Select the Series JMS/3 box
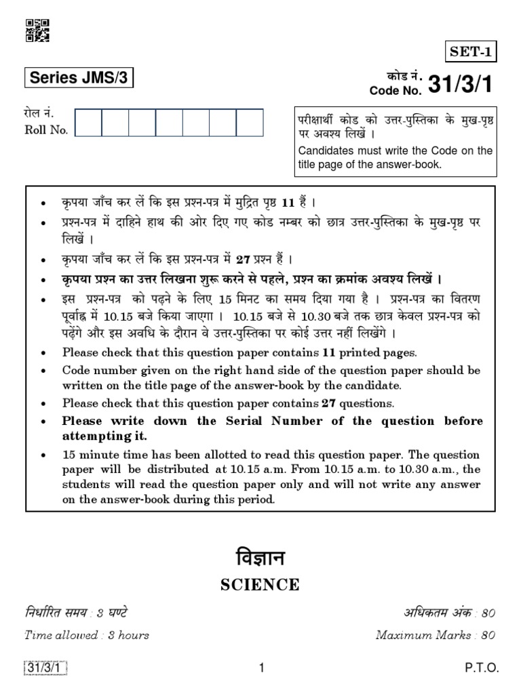click(78, 79)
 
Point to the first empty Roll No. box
click(89, 123)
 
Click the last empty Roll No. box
click(250, 123)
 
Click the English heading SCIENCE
click(260, 585)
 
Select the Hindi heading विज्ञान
click(260, 558)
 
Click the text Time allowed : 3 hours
click(86, 635)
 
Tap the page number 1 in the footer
click(260, 668)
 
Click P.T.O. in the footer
click(482, 668)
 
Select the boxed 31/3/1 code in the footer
click(46, 668)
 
